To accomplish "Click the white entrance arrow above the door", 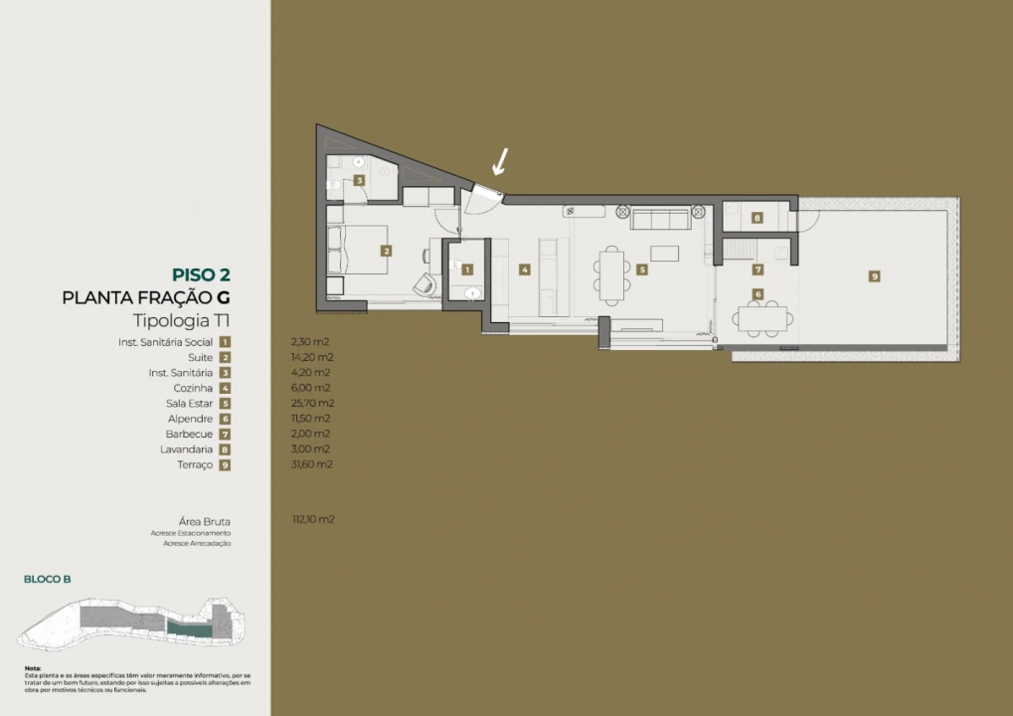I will (x=503, y=161).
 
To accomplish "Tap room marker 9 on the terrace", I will (x=875, y=276).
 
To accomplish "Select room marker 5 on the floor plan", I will (x=642, y=268).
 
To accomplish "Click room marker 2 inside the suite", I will (x=386, y=252).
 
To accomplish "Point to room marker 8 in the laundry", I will (x=758, y=218).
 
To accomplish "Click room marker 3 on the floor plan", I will (x=360, y=180).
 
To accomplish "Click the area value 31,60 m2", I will (x=313, y=464).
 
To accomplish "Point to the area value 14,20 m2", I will (x=313, y=357).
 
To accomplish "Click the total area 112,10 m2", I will (x=313, y=519).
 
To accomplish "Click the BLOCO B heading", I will (x=48, y=579).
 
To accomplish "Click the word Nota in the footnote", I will (x=34, y=668).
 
